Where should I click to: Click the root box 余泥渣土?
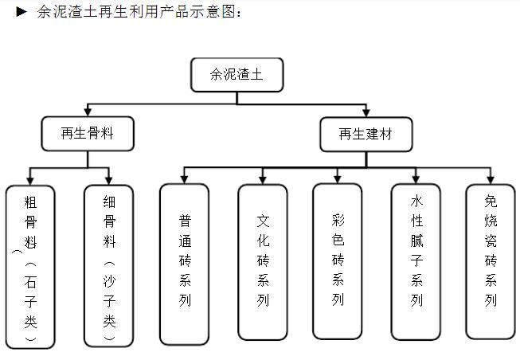tap(237, 74)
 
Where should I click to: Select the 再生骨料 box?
tap(88, 134)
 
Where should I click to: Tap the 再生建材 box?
tap(366, 134)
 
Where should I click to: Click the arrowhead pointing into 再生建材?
tap(366, 112)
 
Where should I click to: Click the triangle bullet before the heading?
tap(22, 12)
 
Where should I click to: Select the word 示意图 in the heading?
tap(216, 12)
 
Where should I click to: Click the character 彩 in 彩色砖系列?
tap(338, 219)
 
